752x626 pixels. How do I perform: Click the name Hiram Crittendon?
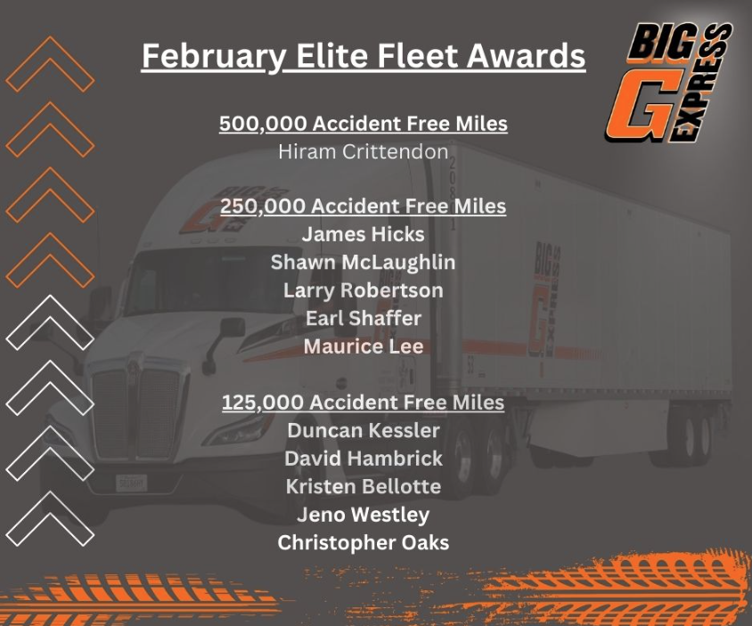tap(363, 152)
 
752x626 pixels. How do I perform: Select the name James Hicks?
tap(363, 234)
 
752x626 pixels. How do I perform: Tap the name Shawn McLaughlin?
tap(363, 263)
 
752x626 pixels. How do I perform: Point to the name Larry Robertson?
tap(363, 290)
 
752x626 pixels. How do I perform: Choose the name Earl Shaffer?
tap(363, 318)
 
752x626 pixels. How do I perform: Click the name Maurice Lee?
tap(363, 346)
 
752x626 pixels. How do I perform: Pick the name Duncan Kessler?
tap(363, 430)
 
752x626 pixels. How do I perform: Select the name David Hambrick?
tap(363, 459)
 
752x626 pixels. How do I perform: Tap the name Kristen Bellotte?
tap(363, 486)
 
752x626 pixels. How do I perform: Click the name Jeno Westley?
tap(363, 515)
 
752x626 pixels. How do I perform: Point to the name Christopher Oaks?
tap(363, 542)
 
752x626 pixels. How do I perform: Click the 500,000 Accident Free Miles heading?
tap(363, 124)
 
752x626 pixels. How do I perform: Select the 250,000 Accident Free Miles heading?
tap(363, 207)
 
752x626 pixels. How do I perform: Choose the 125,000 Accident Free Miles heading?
tap(363, 402)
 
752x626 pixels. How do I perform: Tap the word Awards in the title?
tap(526, 55)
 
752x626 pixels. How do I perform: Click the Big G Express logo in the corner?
tap(668, 83)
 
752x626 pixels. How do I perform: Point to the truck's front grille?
tap(135, 412)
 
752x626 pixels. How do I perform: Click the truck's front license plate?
tap(131, 484)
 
